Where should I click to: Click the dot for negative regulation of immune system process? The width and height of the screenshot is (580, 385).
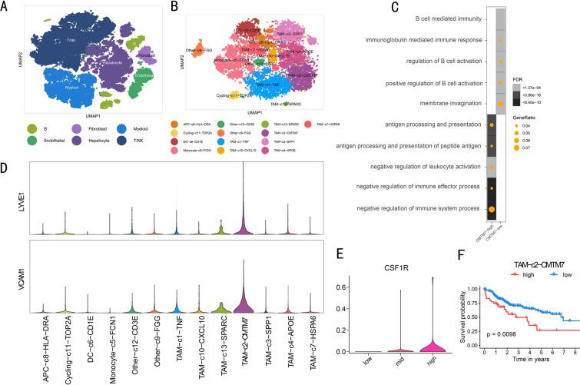tap(491, 208)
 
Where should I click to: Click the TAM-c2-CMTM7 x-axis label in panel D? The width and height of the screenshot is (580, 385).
tap(238, 350)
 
